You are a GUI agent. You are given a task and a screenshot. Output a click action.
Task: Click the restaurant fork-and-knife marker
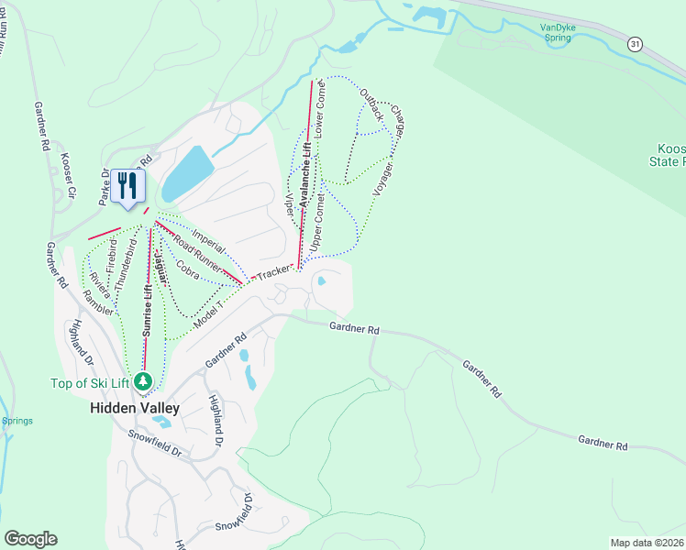click(127, 186)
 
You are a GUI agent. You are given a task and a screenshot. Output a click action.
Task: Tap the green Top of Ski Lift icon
click(142, 380)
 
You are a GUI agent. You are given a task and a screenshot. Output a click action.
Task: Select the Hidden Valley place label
click(134, 407)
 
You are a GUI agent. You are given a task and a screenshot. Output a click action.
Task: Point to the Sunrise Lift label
click(147, 312)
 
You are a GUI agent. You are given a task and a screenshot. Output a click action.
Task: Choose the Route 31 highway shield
click(635, 43)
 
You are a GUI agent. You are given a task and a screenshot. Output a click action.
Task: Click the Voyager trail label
click(384, 179)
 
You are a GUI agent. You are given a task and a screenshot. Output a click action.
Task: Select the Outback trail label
click(371, 105)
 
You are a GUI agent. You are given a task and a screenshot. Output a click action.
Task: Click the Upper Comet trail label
click(318, 224)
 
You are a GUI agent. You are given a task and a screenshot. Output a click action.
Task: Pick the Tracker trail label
click(274, 273)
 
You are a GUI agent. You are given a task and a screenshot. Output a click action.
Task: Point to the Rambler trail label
click(98, 303)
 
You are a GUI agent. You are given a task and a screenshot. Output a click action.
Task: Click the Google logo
click(30, 539)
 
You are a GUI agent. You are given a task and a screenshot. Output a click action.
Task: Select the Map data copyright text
click(647, 543)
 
